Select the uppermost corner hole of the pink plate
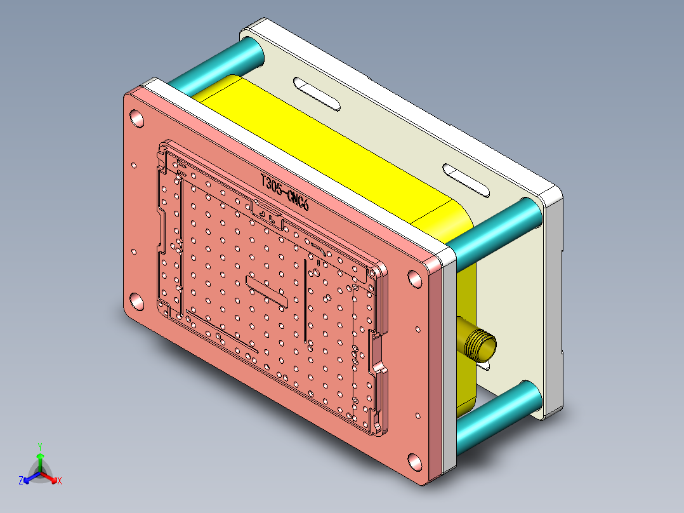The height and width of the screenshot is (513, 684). (x=136, y=117)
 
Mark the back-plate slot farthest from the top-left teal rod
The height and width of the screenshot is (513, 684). (x=466, y=178)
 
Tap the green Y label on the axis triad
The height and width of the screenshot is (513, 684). (x=39, y=446)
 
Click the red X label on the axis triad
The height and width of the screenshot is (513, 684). (x=59, y=481)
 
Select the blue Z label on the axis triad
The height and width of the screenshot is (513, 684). (x=21, y=481)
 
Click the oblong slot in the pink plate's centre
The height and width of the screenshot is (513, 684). (x=269, y=290)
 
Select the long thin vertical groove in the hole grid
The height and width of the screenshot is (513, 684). (x=305, y=298)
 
